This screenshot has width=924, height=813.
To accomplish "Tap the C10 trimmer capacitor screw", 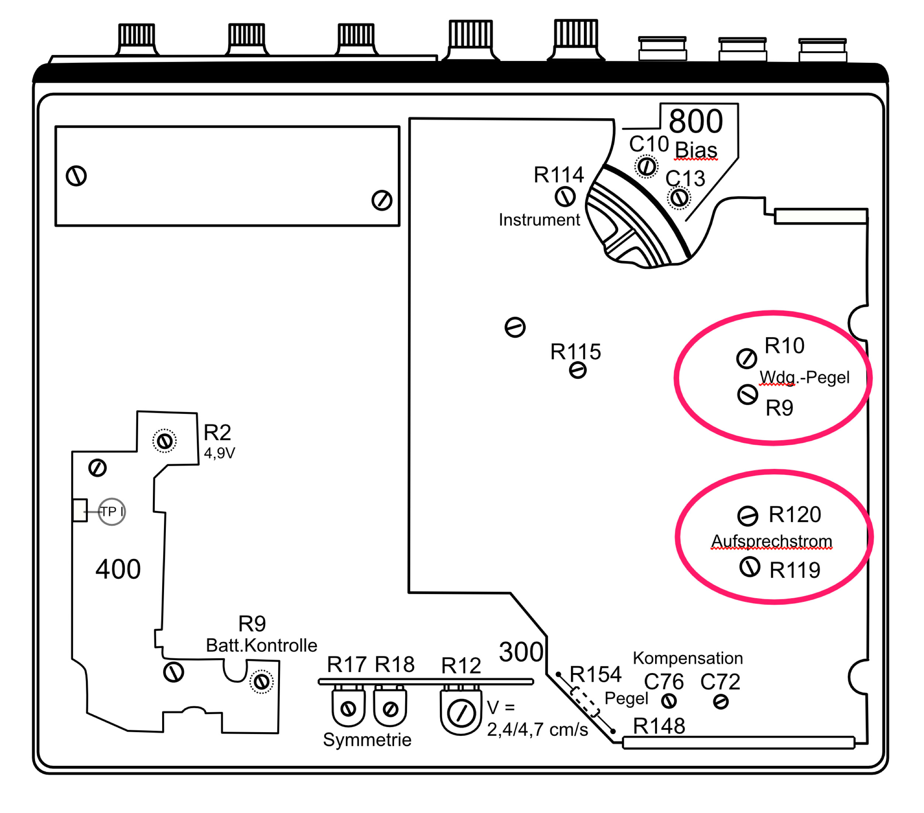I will tap(646, 166).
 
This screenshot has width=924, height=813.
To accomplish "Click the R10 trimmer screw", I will tap(746, 359).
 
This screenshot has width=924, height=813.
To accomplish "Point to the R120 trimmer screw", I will tap(748, 516).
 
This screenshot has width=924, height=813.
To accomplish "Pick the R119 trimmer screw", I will tap(750, 567).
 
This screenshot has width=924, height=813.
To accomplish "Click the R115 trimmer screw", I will tap(578, 371).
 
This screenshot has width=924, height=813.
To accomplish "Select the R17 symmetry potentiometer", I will tap(348, 709).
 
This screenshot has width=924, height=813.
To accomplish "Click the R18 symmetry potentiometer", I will tap(390, 709).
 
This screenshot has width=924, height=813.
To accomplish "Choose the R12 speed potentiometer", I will tap(461, 714).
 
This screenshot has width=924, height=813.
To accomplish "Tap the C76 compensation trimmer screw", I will tap(668, 701).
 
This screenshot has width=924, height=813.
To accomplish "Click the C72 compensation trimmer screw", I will tap(721, 702).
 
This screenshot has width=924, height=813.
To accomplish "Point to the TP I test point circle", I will tap(112, 512).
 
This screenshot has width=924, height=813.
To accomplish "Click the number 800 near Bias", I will tap(696, 121).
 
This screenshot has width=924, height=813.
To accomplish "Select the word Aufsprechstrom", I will tap(771, 541).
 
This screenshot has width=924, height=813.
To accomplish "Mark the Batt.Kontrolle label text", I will tap(261, 645).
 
